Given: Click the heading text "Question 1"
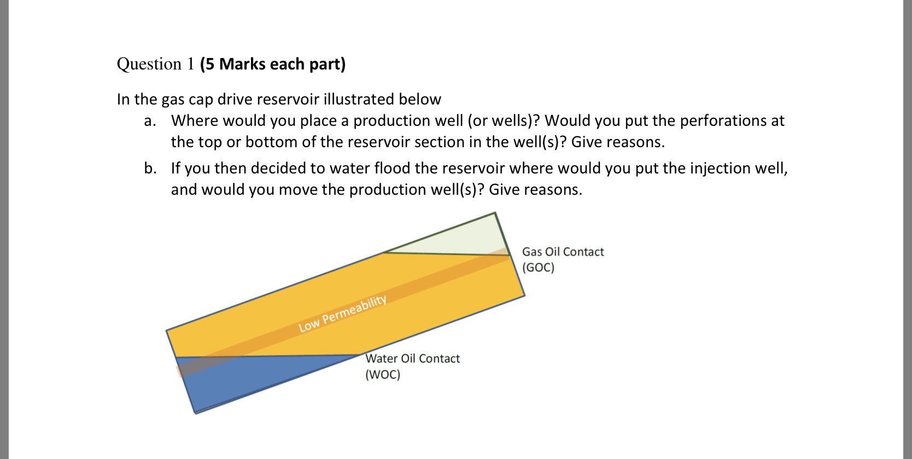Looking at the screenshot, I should [155, 64].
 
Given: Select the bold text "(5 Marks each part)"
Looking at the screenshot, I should [273, 64].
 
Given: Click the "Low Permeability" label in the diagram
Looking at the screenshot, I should [343, 313].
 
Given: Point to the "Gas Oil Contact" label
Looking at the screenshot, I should [563, 252].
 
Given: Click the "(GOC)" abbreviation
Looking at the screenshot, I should [538, 268].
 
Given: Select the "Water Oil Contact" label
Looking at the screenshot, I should [412, 358].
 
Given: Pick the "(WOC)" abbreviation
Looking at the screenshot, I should [383, 375].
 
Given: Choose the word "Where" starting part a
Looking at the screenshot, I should [194, 121].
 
